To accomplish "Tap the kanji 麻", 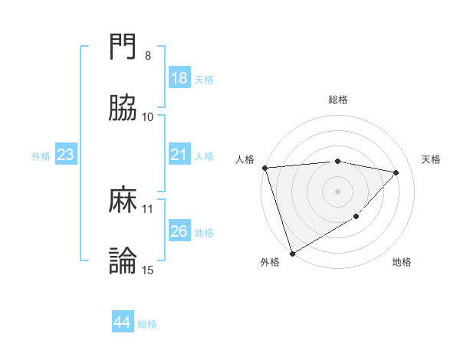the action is tap(123, 201).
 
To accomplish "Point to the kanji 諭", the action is tap(123, 261).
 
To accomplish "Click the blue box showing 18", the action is tap(179, 78).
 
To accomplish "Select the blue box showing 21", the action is tap(179, 155).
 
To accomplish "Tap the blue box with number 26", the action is tap(179, 231).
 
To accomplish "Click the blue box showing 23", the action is tap(65, 155).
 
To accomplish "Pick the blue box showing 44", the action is tap(122, 323).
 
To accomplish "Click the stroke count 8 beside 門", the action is tap(148, 56).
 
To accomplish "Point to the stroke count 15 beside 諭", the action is tap(148, 270).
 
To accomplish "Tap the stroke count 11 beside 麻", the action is tap(148, 208).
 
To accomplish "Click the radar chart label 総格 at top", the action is tap(338, 100).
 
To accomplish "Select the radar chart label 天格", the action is tap(431, 159).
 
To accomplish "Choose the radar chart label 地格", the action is tap(402, 263).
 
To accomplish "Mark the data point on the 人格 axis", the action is tap(264, 168).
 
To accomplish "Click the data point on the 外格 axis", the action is tap(291, 253).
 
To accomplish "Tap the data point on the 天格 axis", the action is tap(396, 172).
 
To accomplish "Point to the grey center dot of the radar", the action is tap(338, 191).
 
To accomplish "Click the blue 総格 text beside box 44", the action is tap(147, 324).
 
